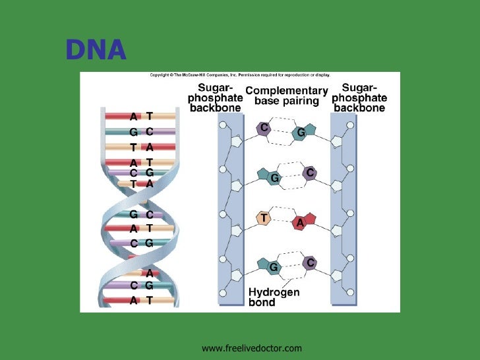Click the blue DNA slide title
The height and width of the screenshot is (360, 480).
pyautogui.click(x=96, y=50)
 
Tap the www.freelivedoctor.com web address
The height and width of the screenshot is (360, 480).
pyautogui.click(x=251, y=347)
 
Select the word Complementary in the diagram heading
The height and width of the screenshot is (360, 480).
pyautogui.click(x=286, y=90)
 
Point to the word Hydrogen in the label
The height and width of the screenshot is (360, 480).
pyautogui.click(x=274, y=292)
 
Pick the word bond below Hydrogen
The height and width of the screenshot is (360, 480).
pyautogui.click(x=262, y=303)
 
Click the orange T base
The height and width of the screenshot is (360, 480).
pyautogui.click(x=264, y=217)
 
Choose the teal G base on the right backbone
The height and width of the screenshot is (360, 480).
pyautogui.click(x=301, y=133)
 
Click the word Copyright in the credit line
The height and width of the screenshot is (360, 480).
pyautogui.click(x=161, y=75)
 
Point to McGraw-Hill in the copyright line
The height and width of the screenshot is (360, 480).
pyautogui.click(x=197, y=75)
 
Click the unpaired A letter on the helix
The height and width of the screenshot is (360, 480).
pyautogui.click(x=150, y=273)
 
